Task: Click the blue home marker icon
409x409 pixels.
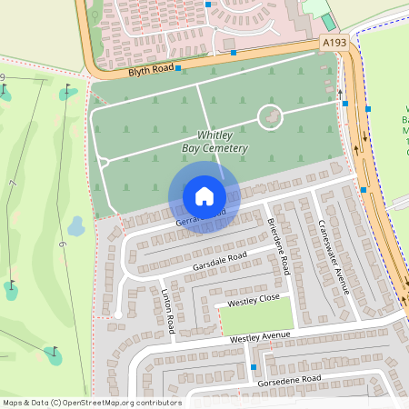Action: pyautogui.click(x=204, y=195)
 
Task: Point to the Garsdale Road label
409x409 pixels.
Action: pyautogui.click(x=219, y=261)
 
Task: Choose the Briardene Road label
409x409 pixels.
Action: pyautogui.click(x=278, y=247)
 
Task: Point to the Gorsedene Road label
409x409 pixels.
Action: pyautogui.click(x=290, y=378)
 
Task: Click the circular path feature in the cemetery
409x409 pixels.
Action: pyautogui.click(x=270, y=116)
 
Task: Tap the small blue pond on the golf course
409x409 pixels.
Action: pyautogui.click(x=76, y=224)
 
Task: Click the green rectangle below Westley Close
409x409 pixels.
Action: pyautogui.click(x=256, y=317)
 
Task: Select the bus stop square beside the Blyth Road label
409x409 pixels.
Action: pyautogui.click(x=178, y=68)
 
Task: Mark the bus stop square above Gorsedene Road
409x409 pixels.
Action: pyautogui.click(x=253, y=367)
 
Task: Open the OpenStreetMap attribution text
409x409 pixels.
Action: pyautogui.click(x=91, y=403)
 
